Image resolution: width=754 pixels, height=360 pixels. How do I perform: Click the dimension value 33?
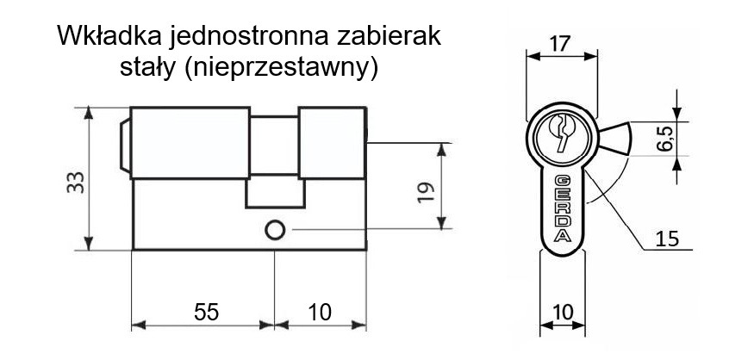click(x=76, y=183)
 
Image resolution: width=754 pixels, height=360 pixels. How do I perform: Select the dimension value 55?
click(x=206, y=313)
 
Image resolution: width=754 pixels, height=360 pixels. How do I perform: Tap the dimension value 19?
click(x=427, y=192)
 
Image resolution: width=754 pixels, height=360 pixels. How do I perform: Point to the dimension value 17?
click(x=560, y=44)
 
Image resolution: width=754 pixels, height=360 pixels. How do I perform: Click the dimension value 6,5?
click(x=665, y=138)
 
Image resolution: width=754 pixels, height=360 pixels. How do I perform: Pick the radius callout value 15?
click(x=668, y=239)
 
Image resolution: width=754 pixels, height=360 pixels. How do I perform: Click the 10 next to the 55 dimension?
click(x=320, y=313)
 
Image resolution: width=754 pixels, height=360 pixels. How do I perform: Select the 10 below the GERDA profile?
click(x=563, y=313)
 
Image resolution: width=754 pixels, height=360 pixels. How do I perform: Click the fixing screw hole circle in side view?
click(x=275, y=230)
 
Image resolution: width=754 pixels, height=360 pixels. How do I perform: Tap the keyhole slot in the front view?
click(x=562, y=132)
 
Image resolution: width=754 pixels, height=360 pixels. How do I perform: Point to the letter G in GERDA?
click(x=563, y=181)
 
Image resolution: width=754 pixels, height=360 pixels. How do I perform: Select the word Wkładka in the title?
click(x=109, y=36)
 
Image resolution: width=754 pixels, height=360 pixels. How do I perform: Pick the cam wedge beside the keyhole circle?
click(x=614, y=139)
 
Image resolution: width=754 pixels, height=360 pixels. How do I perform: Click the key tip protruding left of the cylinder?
click(x=125, y=146)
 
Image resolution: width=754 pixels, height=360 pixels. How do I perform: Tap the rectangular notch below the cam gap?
click(x=276, y=193)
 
